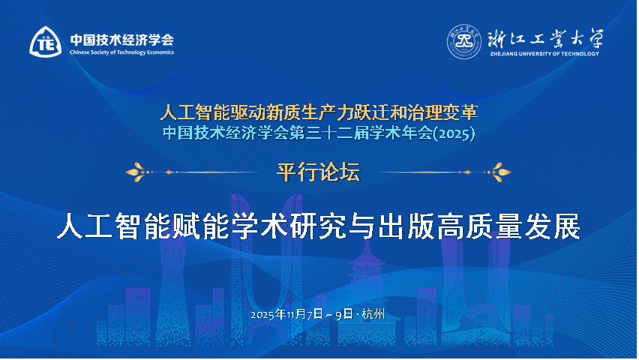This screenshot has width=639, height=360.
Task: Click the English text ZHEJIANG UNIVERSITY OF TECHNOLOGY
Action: (x=544, y=54)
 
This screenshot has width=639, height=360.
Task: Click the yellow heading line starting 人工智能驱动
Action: (x=319, y=113)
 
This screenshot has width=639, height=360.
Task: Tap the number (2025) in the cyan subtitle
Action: (x=457, y=133)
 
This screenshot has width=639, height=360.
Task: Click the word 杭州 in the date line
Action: (x=373, y=313)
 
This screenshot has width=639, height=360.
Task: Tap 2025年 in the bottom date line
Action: (x=268, y=313)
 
